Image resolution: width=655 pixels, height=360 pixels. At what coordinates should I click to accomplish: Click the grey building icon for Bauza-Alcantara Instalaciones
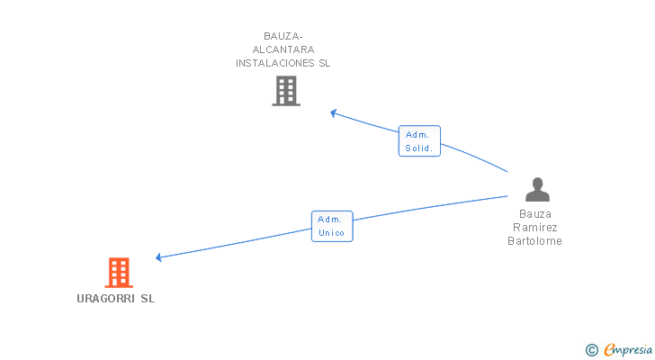click(x=285, y=91)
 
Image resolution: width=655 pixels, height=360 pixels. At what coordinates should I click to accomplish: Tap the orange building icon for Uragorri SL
click(x=119, y=272)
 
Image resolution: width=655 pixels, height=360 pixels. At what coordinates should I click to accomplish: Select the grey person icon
click(x=537, y=189)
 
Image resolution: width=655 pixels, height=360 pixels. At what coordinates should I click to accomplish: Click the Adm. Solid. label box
click(x=419, y=141)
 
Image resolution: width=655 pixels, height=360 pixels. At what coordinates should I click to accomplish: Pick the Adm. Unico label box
click(x=332, y=226)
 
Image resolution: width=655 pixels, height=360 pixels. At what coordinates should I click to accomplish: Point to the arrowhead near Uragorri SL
click(x=158, y=257)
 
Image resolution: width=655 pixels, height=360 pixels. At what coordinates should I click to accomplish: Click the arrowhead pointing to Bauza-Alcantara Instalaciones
click(x=333, y=112)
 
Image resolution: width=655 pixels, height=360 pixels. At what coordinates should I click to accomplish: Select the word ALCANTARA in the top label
click(x=283, y=49)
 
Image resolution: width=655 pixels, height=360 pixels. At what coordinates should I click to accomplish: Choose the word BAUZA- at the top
click(x=283, y=37)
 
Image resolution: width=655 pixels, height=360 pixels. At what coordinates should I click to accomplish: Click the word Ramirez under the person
click(x=536, y=228)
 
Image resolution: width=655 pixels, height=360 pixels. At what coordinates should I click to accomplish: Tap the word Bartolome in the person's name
click(x=534, y=240)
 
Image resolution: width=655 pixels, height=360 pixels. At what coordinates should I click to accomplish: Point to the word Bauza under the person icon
click(x=536, y=214)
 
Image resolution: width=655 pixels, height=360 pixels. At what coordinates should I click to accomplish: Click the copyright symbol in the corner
click(x=592, y=349)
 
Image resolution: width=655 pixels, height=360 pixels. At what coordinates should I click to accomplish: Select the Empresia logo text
click(x=629, y=349)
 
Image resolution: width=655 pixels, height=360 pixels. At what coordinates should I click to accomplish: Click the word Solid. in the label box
click(x=419, y=148)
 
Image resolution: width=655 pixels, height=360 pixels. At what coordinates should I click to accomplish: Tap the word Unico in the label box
click(x=332, y=232)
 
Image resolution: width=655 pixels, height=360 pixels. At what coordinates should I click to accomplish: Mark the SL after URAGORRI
click(x=148, y=299)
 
